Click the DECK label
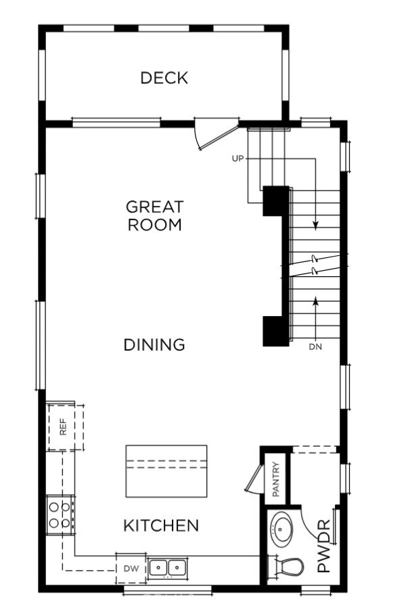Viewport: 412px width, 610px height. pos(164,78)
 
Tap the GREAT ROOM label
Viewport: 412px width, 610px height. pos(155,215)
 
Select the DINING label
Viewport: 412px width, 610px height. pos(154,345)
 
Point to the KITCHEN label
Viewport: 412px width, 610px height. pos(161,525)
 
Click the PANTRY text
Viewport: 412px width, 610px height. pos(276,479)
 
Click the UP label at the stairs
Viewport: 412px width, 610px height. pos(237,158)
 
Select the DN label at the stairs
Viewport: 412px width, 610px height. pos(315,347)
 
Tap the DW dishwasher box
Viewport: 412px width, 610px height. pos(131,568)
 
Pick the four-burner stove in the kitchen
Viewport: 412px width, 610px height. pos(59,514)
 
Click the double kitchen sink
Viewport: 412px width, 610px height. pos(167,567)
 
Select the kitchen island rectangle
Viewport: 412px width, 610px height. pos(166,471)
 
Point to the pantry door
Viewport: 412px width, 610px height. pos(253,477)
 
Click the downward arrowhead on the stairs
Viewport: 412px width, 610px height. pos(316,224)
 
